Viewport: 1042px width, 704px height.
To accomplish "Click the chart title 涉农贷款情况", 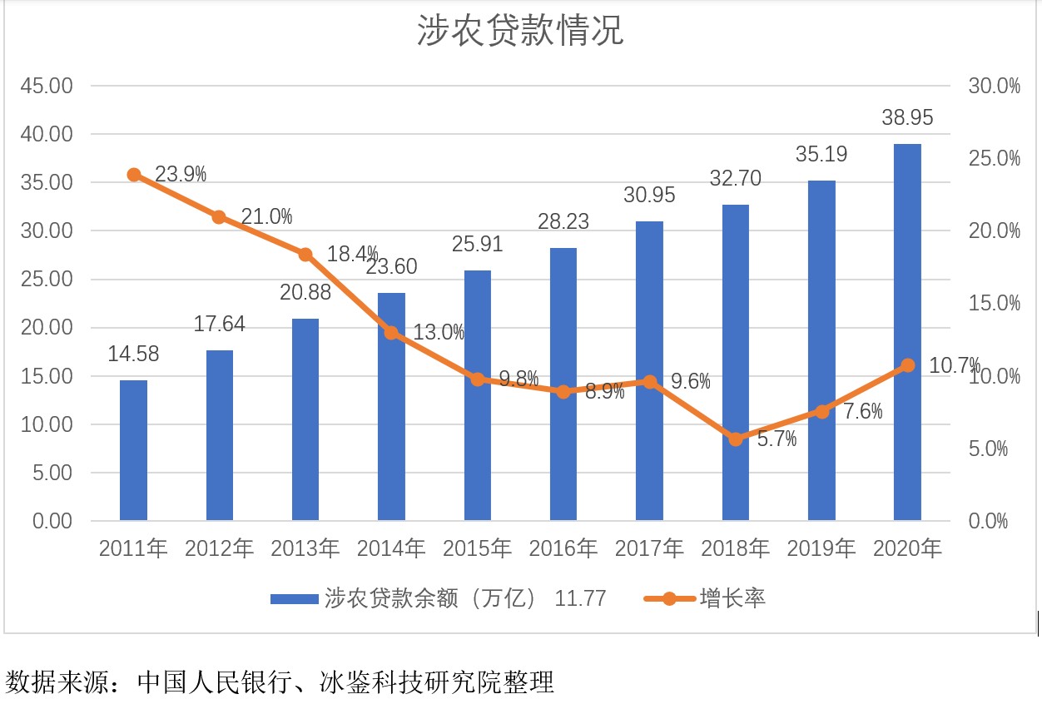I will [x=520, y=32].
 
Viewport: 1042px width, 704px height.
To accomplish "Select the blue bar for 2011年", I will [x=133, y=450].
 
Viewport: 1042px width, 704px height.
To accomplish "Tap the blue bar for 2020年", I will [x=907, y=333].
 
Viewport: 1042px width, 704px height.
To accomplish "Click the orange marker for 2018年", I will [x=736, y=439].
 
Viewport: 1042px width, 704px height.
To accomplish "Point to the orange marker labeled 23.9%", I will [x=134, y=175].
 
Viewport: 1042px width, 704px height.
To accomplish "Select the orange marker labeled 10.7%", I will [x=907, y=365].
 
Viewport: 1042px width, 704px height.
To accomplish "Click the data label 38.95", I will [x=907, y=118].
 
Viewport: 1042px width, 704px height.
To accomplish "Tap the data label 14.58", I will [x=133, y=354].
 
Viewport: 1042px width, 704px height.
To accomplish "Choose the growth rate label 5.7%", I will [x=777, y=439].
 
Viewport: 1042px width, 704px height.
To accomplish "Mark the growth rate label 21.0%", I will [x=266, y=217].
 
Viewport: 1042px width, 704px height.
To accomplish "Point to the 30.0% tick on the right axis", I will [x=994, y=86].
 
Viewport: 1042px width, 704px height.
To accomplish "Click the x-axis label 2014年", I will [x=391, y=548].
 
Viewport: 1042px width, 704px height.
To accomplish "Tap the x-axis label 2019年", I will [x=821, y=548].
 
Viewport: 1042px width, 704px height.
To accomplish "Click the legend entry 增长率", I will [x=732, y=598].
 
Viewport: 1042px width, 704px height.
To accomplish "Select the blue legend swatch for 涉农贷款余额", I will [x=294, y=598].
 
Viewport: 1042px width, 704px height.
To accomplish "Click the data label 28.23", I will [x=563, y=221].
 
